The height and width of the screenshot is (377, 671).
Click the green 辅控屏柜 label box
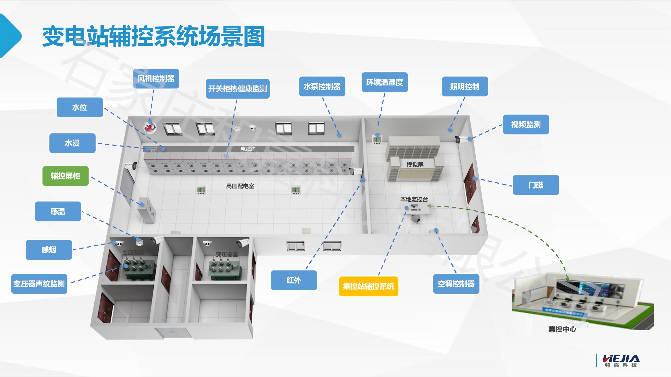[65, 176]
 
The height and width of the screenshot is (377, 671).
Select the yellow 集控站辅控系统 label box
[368, 286]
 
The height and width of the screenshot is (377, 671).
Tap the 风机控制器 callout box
[156, 78]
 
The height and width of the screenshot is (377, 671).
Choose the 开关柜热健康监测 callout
[238, 89]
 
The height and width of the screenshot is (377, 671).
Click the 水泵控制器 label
[322, 86]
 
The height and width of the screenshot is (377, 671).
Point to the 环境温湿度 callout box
[384, 82]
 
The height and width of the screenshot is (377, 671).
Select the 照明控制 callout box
[465, 86]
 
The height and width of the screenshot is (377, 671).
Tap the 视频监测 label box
[526, 124]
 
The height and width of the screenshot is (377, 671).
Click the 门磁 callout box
[536, 185]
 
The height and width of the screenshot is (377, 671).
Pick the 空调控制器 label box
[456, 284]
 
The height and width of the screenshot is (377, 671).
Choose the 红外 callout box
[294, 280]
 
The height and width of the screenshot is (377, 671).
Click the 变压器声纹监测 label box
[39, 284]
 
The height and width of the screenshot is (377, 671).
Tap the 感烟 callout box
[49, 250]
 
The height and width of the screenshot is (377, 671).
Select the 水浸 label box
[72, 143]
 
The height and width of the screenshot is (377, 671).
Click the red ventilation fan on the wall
[149, 127]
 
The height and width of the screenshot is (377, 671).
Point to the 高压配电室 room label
[240, 186]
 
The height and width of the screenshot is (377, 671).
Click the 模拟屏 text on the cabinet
[415, 165]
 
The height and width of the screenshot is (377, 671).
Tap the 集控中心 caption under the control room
[562, 329]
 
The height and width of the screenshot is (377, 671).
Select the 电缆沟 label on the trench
[248, 149]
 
